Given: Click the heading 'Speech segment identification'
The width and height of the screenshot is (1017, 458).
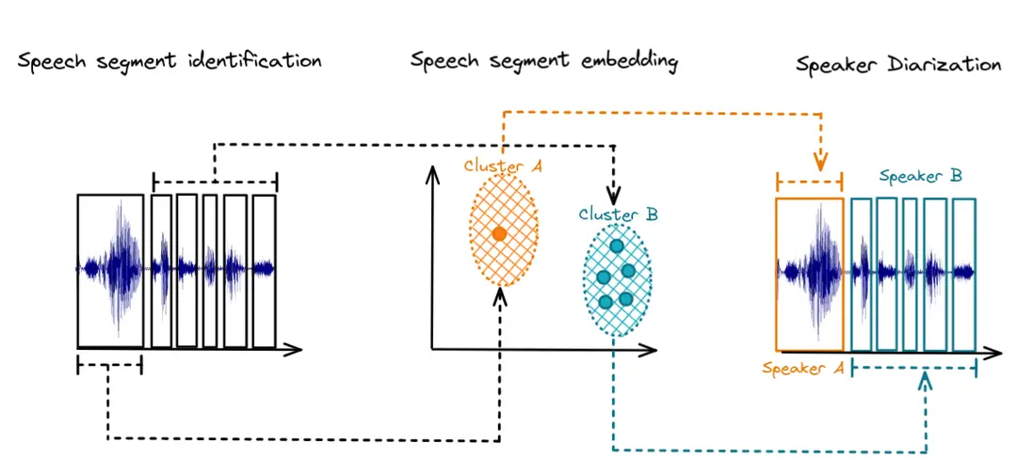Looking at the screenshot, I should click(x=169, y=62).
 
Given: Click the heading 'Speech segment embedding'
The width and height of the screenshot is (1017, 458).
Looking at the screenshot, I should click(x=544, y=62).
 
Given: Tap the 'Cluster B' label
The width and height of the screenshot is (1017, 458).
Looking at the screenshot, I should click(x=618, y=215).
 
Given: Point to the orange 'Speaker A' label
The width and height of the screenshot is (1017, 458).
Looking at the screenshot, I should click(x=803, y=369).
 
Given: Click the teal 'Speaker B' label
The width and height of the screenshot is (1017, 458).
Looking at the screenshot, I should click(x=920, y=176).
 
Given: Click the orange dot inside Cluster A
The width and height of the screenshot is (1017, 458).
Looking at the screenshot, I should click(x=500, y=233).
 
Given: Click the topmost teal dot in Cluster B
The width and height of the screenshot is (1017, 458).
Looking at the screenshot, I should click(x=617, y=246).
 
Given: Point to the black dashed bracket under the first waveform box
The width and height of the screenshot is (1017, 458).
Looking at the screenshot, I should click(x=108, y=365).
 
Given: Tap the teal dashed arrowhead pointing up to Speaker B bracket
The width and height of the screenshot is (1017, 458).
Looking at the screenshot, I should click(x=926, y=381).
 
